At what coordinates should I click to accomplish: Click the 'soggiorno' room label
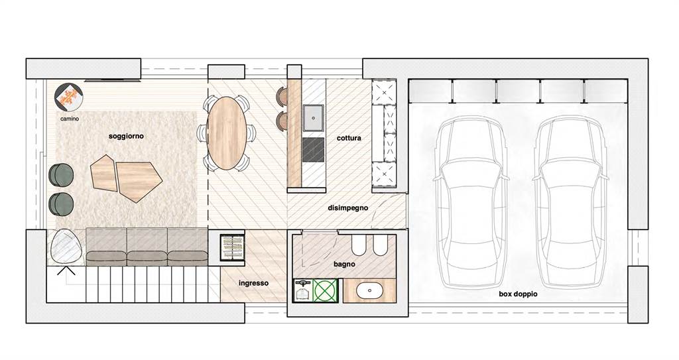(126, 136)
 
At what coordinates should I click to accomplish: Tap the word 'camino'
(70, 118)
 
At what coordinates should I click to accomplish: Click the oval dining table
(227, 133)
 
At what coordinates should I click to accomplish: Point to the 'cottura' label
(349, 138)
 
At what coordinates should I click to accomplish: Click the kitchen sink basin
(313, 117)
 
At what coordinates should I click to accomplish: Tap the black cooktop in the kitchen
(313, 150)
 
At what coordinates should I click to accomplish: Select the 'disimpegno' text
(347, 208)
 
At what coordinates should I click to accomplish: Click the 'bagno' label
(344, 264)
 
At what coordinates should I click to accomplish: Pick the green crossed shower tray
(325, 290)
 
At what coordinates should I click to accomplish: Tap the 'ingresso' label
(253, 283)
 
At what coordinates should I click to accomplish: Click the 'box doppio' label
(518, 294)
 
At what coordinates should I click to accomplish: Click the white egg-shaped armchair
(66, 245)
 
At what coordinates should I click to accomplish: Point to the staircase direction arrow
(66, 270)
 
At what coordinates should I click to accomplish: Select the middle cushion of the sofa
(147, 247)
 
